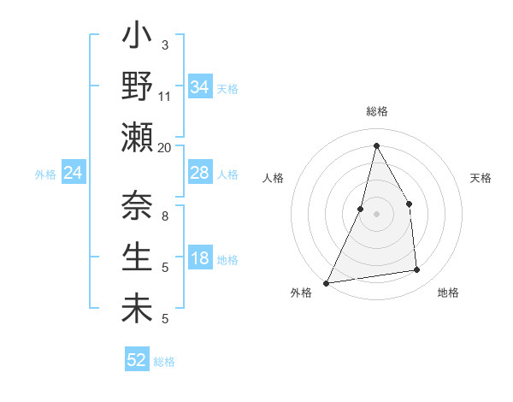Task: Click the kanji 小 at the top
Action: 138,39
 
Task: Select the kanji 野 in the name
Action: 138,88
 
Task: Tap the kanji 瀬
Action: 138,137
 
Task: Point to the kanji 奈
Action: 138,206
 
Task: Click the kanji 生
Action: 138,257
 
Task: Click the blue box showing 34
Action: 200,87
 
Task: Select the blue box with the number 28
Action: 200,173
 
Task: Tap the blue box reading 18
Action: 200,259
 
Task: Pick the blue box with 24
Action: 74,174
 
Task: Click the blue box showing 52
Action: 137,360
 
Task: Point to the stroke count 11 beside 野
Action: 165,96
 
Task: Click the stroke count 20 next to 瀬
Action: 165,147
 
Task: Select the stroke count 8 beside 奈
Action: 165,216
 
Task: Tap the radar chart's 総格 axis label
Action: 376,111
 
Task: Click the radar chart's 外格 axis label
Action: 301,293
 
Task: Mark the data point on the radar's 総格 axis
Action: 376,145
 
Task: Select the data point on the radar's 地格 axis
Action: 417,270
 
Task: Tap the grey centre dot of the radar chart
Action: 376,214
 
